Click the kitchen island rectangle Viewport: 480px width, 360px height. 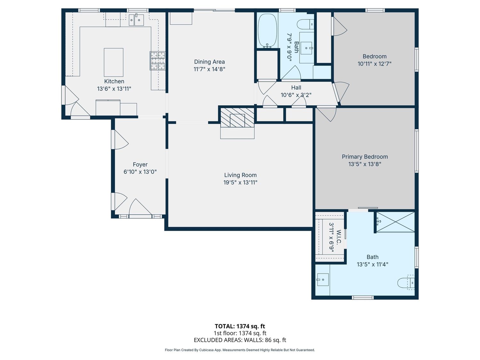pyautogui.click(x=114, y=62)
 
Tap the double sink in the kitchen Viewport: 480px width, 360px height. pyautogui.click(x=136, y=20)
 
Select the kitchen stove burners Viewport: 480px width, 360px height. pyautogui.click(x=157, y=61)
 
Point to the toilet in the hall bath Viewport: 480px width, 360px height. pyautogui.click(x=306, y=24)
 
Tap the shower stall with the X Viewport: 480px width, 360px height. pyautogui.click(x=395, y=222)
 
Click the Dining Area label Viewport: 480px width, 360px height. pyautogui.click(x=210, y=62)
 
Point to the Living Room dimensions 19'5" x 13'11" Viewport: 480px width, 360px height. pyautogui.click(x=240, y=182)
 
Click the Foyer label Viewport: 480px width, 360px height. pyautogui.click(x=140, y=164)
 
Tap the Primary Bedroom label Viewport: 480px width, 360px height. pyautogui.click(x=365, y=157)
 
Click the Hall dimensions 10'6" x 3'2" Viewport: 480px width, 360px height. pyautogui.click(x=296, y=95)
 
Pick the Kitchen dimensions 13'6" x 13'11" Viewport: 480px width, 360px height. pyautogui.click(x=114, y=89)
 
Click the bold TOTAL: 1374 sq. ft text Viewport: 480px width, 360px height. pyautogui.click(x=240, y=326)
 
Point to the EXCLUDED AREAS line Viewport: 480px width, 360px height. pyautogui.click(x=240, y=340)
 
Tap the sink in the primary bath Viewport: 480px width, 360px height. pyautogui.click(x=323, y=280)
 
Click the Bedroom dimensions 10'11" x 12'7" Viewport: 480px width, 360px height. pyautogui.click(x=374, y=64)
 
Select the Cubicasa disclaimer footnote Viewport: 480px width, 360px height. pyautogui.click(x=240, y=350)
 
